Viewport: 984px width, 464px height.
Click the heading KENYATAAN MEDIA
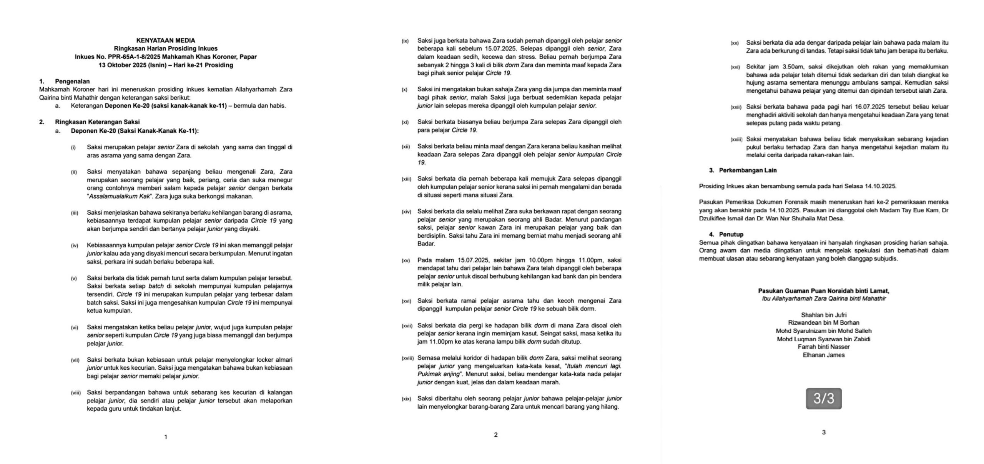(166, 40)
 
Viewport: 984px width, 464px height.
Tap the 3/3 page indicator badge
(823, 398)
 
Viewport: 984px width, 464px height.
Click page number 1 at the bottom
(166, 437)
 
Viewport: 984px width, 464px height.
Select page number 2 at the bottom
(495, 435)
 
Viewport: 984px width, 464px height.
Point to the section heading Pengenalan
(72, 81)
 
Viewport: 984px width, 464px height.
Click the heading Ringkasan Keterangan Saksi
(97, 122)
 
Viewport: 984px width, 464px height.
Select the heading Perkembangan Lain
(748, 170)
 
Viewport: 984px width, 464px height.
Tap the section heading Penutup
(731, 234)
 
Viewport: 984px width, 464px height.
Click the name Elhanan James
(823, 355)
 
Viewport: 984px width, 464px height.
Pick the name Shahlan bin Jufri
(823, 315)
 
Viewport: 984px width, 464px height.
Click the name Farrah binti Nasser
(823, 347)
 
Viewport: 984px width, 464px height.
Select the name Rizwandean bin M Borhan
(823, 323)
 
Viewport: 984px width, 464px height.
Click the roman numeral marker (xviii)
(408, 358)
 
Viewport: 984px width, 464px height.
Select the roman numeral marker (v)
(74, 278)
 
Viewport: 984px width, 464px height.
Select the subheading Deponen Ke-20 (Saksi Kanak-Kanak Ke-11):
(135, 131)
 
